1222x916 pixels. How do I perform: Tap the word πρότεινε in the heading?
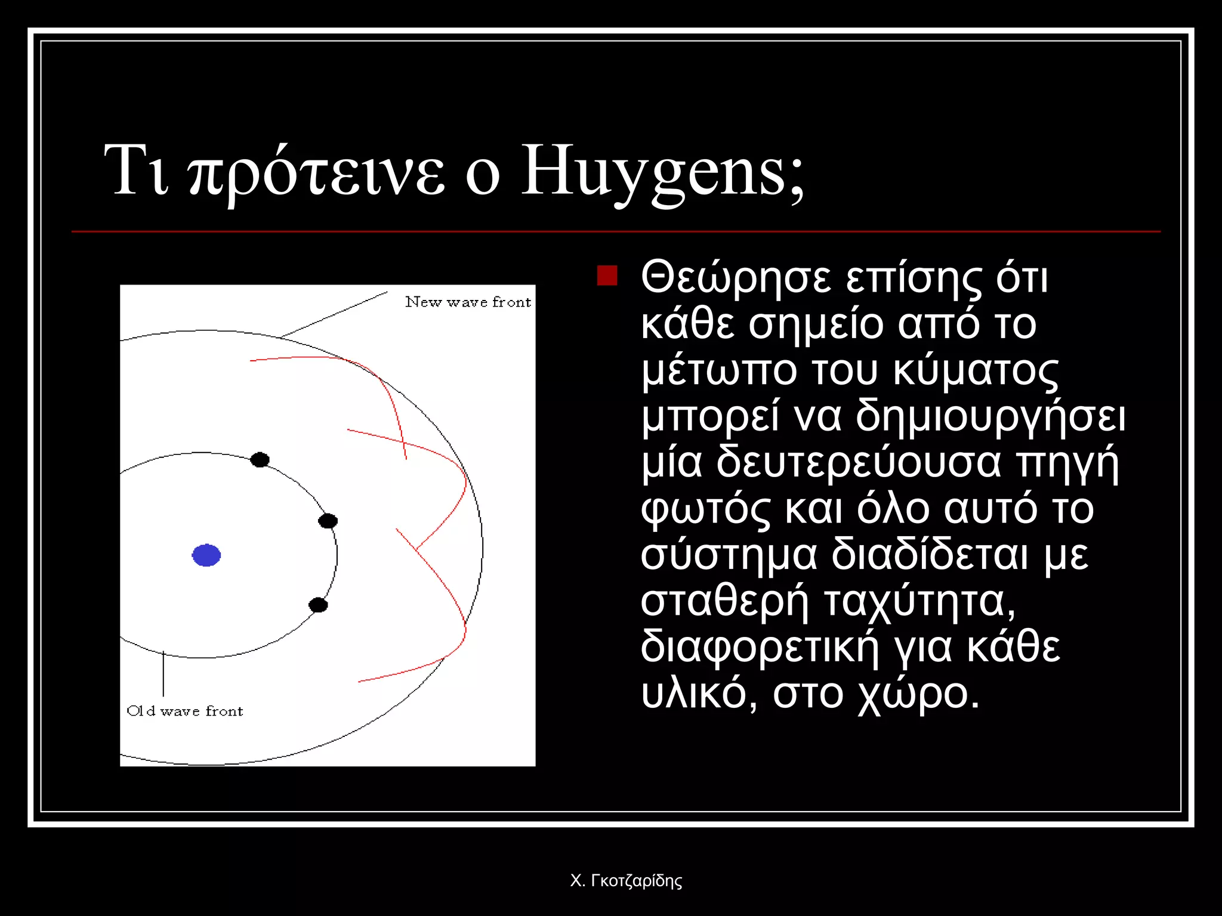pyautogui.click(x=316, y=173)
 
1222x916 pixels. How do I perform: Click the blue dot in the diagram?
pyautogui.click(x=206, y=555)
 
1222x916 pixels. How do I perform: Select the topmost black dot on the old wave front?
pyautogui.click(x=260, y=460)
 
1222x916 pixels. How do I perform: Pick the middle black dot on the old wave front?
pyautogui.click(x=328, y=521)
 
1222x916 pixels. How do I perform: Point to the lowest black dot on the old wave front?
pyautogui.click(x=318, y=605)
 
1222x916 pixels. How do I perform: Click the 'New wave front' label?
pyautogui.click(x=468, y=302)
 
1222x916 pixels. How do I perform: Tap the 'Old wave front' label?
pyautogui.click(x=185, y=711)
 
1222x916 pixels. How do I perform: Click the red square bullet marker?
pyautogui.click(x=607, y=276)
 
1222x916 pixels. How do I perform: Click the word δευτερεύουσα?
pyautogui.click(x=858, y=463)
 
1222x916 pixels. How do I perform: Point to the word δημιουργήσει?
pyautogui.click(x=990, y=416)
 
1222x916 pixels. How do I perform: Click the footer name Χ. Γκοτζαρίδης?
pyautogui.click(x=626, y=880)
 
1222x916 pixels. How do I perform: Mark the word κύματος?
pyautogui.click(x=976, y=370)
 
